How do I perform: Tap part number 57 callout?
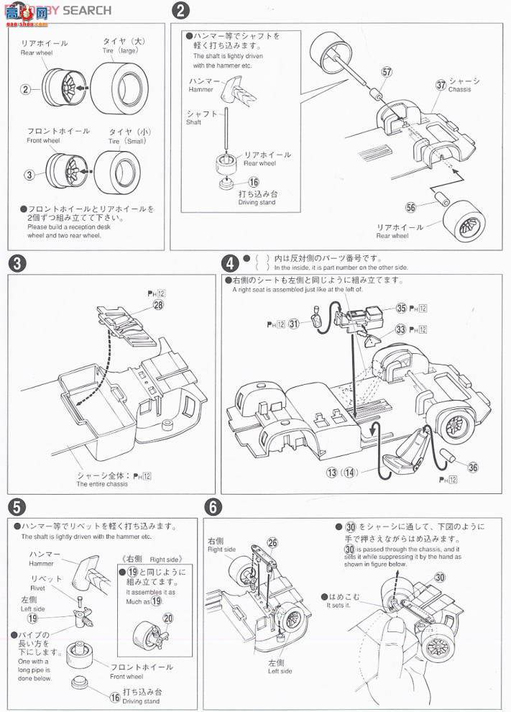click(387, 73)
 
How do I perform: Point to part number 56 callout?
click(410, 208)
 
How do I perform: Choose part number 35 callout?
click(402, 308)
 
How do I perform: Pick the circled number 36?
click(472, 467)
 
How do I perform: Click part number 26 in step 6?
click(272, 543)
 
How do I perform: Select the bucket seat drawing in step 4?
click(402, 451)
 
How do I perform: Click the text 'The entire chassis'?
click(102, 484)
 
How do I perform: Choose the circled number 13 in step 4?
click(331, 473)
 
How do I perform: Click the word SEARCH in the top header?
click(87, 10)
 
